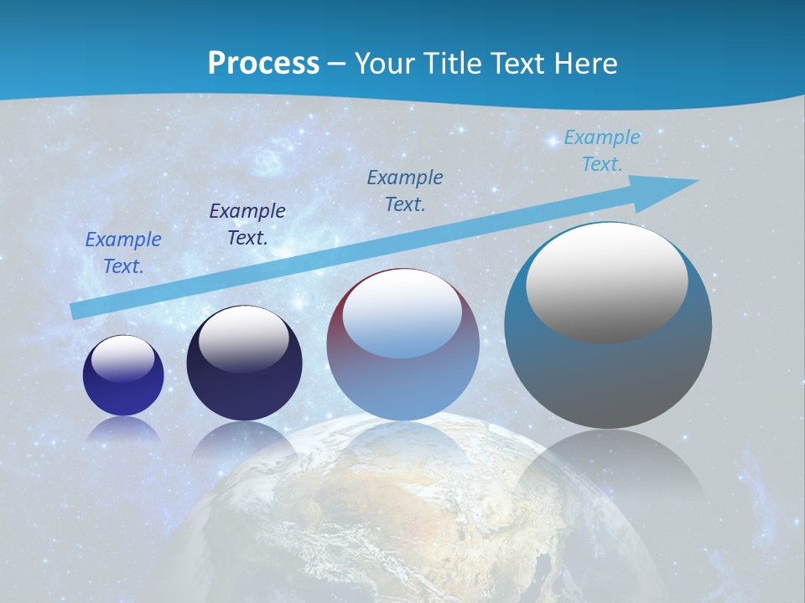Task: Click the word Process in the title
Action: (x=263, y=63)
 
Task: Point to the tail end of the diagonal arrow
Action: (x=77, y=311)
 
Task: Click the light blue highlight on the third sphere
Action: (x=402, y=315)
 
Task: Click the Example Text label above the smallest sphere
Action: (x=123, y=252)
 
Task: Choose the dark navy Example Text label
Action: (x=247, y=224)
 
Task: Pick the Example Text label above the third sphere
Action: (x=405, y=190)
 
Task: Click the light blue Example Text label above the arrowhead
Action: (x=602, y=150)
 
